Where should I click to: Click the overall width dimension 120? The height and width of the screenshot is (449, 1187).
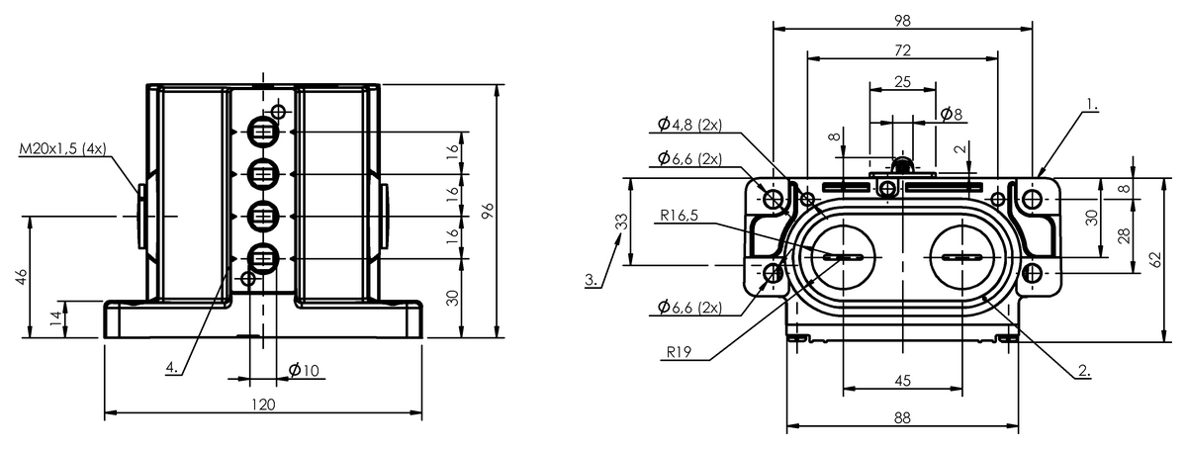[x=263, y=404]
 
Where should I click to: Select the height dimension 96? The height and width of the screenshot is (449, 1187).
[x=486, y=211]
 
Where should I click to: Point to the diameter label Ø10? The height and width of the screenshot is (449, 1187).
[x=304, y=371]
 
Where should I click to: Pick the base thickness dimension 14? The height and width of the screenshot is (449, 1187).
[x=55, y=318]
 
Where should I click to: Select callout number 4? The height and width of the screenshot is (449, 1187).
[x=172, y=367]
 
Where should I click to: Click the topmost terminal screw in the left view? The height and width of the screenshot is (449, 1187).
[x=262, y=131]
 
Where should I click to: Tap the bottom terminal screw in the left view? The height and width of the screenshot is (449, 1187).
[x=262, y=259]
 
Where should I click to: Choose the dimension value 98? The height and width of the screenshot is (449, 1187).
[x=901, y=20]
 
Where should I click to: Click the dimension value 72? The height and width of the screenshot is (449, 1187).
[x=901, y=49]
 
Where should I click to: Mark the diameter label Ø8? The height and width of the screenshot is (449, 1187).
[x=951, y=115]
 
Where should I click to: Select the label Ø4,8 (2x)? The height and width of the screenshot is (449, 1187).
[x=688, y=125]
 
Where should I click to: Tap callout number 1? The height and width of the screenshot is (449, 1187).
[x=1091, y=103]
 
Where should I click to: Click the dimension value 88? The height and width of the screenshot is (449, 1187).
[x=901, y=418]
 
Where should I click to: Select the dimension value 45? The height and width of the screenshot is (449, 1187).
[x=901, y=381]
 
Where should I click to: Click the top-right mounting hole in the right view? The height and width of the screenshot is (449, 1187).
[x=1033, y=200]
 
